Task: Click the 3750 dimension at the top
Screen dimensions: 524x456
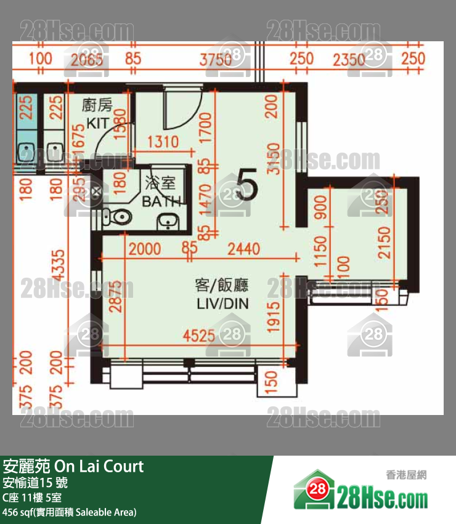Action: click(215, 59)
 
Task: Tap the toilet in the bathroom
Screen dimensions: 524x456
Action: click(116, 216)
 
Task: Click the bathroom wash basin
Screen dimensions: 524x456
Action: click(166, 222)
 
